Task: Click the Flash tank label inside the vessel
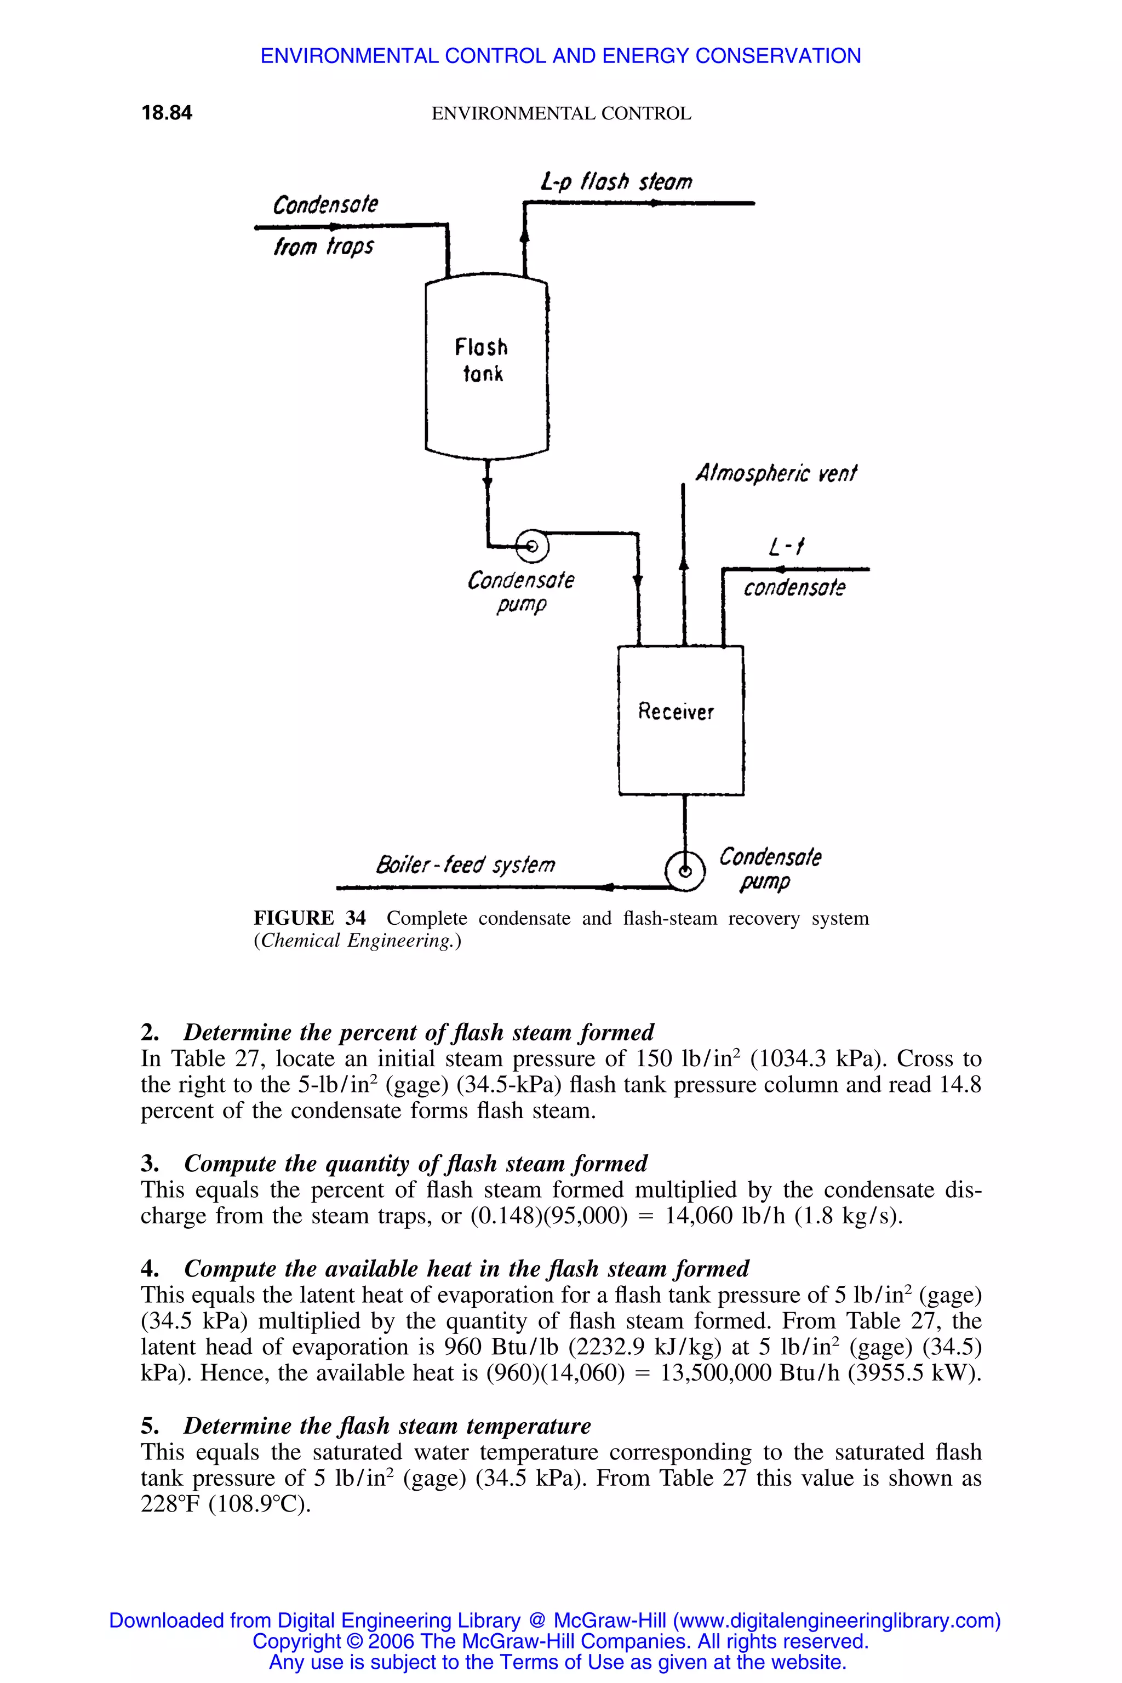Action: click(482, 360)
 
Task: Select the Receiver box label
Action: click(676, 712)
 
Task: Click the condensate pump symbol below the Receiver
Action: click(685, 872)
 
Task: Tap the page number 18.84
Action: click(167, 113)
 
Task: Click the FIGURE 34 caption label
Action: click(310, 918)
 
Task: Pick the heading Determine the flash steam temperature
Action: click(387, 1426)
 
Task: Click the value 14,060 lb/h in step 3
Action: click(727, 1216)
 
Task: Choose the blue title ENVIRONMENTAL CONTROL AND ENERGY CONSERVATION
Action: click(560, 56)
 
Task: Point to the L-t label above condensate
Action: click(786, 548)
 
